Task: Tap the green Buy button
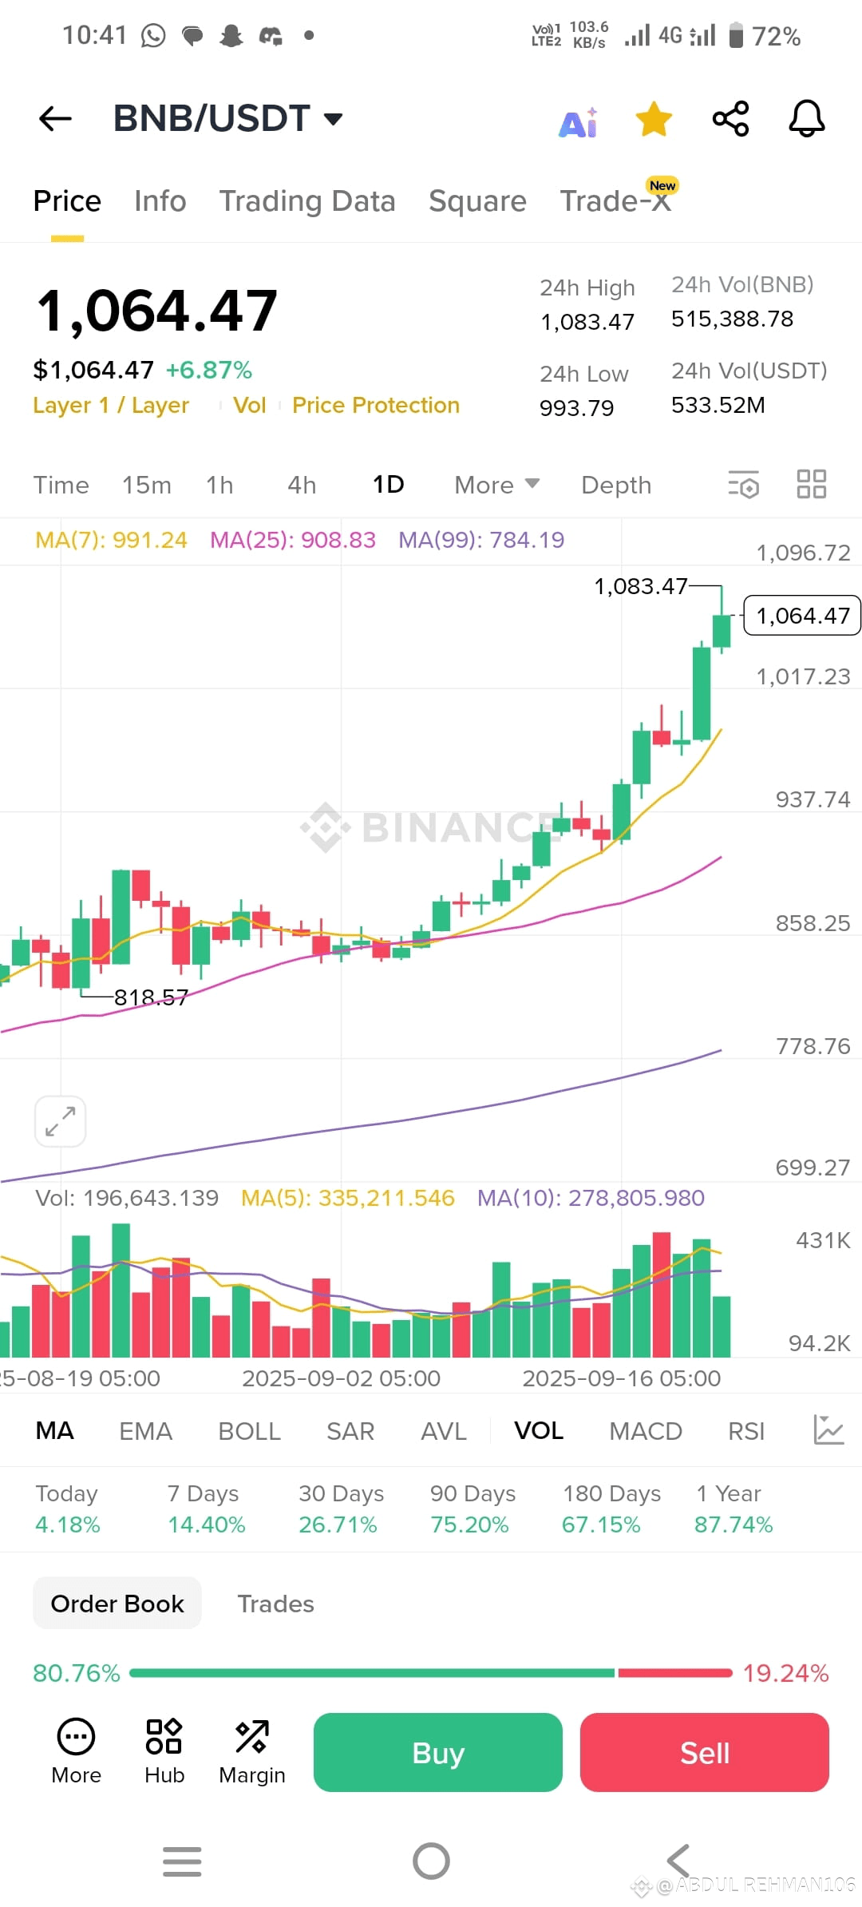coord(437,1752)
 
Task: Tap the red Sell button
coord(705,1752)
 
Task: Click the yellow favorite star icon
coord(654,119)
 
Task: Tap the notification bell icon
coord(807,119)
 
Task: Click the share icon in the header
coord(730,119)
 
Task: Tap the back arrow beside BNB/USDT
coord(55,119)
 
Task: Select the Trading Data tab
coord(307,201)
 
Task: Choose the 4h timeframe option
coord(302,485)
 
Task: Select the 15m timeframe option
coord(147,485)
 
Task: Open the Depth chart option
coord(616,485)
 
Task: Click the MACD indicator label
coord(646,1431)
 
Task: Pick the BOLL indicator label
coord(249,1431)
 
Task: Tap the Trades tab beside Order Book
coord(275,1604)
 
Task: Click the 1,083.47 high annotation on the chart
coord(640,586)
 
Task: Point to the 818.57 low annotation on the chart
coord(151,997)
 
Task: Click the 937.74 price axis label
coord(813,799)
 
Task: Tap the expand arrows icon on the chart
coord(61,1121)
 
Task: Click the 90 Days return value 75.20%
coord(469,1524)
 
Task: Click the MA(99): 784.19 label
coord(481,540)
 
